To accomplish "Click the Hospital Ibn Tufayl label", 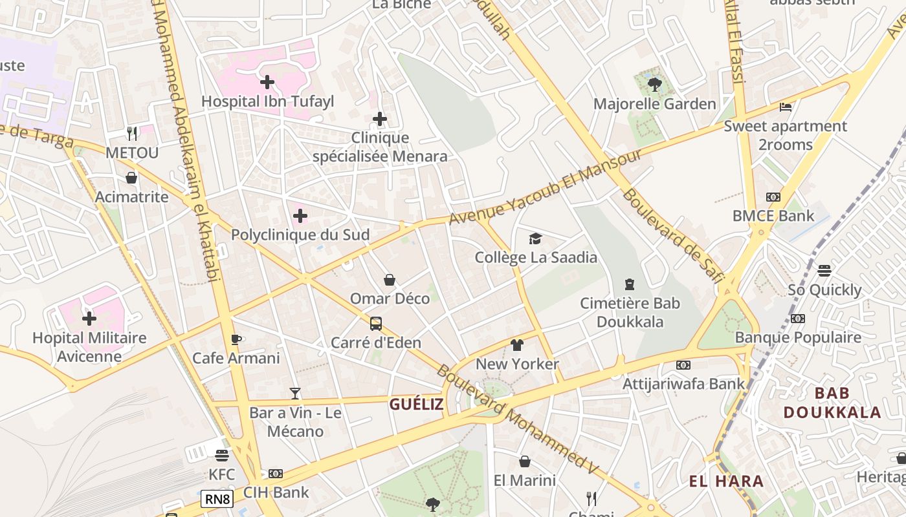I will (267, 101).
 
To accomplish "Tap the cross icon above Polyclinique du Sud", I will (300, 216).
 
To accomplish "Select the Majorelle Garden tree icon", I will (654, 84).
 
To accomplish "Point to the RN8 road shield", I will (217, 499).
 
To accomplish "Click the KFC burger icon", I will (222, 456).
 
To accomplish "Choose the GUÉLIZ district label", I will (417, 405).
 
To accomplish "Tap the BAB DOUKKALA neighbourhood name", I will (832, 403).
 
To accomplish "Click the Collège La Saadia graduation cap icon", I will (535, 239).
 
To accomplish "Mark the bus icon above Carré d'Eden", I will (375, 324).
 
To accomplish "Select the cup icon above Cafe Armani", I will (236, 339).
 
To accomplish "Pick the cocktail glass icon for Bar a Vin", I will (295, 393).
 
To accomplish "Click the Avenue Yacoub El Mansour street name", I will (545, 187).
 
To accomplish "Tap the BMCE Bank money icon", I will (773, 197).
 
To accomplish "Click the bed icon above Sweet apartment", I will (786, 107).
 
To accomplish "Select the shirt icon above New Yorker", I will (516, 345).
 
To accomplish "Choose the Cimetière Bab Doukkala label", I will (630, 312).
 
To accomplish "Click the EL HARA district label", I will (726, 481).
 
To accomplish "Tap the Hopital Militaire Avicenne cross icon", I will (89, 319).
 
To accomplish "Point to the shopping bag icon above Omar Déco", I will (390, 280).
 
